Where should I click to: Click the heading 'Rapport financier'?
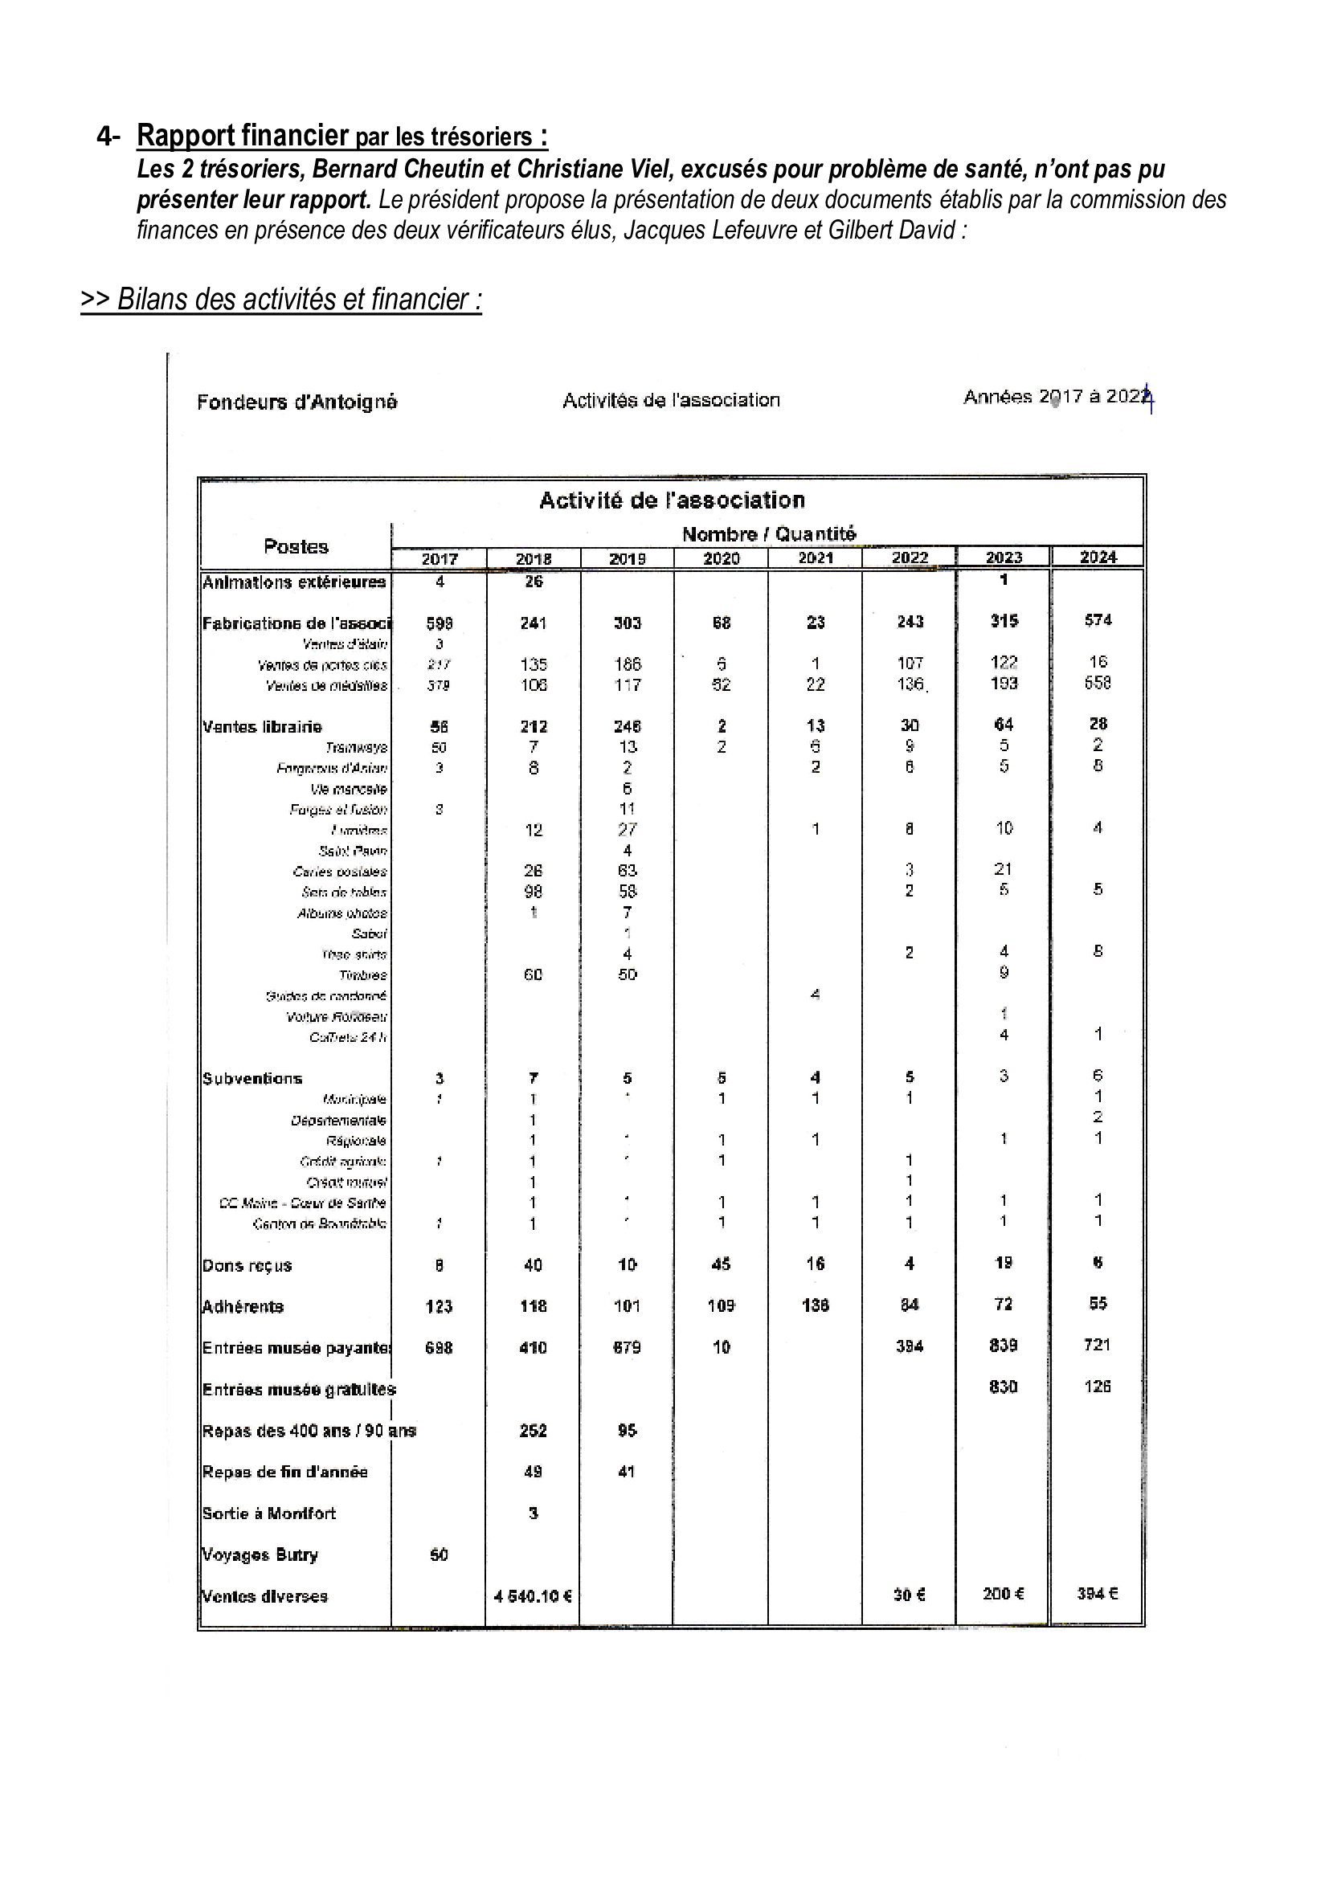tap(243, 135)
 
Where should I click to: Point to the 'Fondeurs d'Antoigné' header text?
tap(297, 402)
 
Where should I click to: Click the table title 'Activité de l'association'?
tap(672, 500)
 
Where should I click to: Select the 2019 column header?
tap(627, 558)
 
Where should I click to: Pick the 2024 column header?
tap(1098, 558)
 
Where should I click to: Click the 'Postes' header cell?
tap(296, 547)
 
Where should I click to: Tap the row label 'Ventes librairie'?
tap(263, 727)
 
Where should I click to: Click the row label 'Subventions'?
tap(253, 1079)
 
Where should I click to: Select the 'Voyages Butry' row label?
tap(260, 1554)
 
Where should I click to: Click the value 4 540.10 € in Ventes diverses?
tap(533, 1596)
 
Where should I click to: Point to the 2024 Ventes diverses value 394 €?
tap(1098, 1593)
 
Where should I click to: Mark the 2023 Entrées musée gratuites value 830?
tap(1004, 1387)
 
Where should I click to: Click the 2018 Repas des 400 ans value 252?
tap(533, 1431)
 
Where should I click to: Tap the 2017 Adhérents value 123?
tap(439, 1306)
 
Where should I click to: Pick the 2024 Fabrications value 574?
tap(1098, 620)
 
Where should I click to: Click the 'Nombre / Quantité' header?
tap(768, 534)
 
